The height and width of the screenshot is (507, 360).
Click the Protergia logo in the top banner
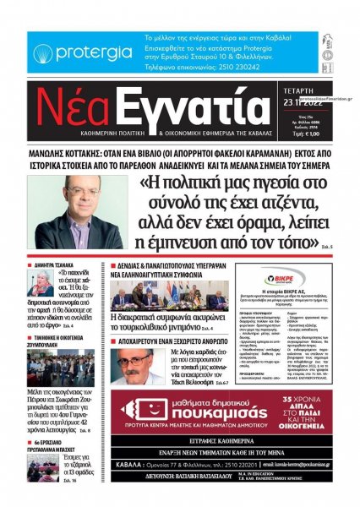tap(81, 52)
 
